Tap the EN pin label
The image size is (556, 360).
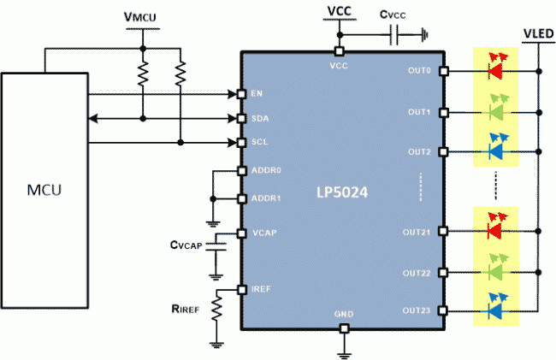257,94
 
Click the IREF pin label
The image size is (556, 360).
262,291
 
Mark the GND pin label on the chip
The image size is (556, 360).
343,315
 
